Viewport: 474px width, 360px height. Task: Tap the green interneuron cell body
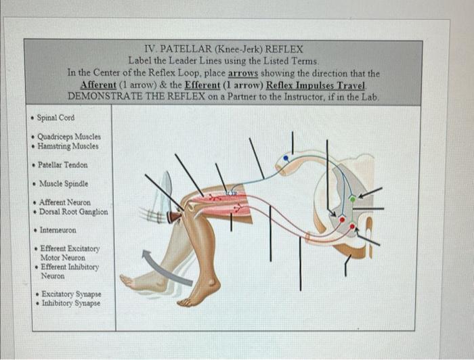351,199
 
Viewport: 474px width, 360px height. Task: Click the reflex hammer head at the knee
175,218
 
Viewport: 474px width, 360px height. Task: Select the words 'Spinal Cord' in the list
57,117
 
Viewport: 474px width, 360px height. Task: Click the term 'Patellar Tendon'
63,164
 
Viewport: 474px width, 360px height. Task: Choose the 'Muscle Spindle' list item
63,183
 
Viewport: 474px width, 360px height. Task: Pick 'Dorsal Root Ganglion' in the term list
73,211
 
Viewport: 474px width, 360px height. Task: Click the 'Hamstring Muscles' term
69,146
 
